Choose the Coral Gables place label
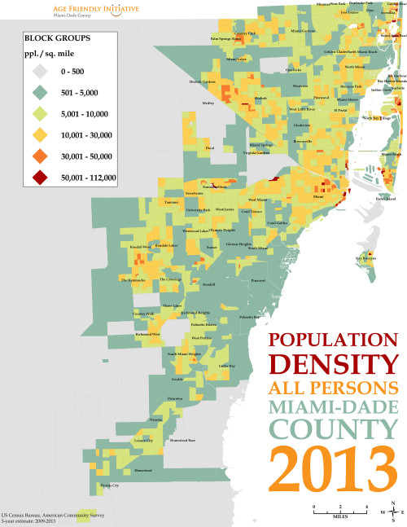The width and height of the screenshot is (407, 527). pyautogui.click(x=277, y=222)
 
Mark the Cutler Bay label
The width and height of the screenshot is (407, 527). pyautogui.click(x=226, y=366)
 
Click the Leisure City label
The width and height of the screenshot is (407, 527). pyautogui.click(x=143, y=440)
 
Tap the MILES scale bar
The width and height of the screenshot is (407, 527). pyautogui.click(x=339, y=511)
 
